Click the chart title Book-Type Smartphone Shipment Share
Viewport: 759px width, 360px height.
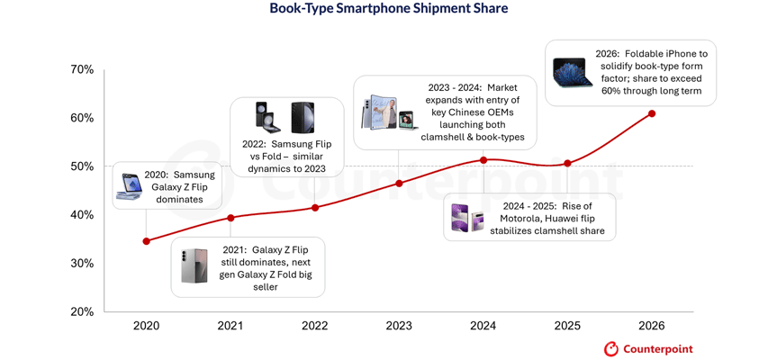[x=388, y=9]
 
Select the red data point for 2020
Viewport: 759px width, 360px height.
[x=147, y=241]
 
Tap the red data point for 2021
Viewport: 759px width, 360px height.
[x=230, y=218]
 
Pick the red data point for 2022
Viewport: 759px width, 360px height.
[x=315, y=208]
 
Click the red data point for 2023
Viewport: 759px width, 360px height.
[x=400, y=184]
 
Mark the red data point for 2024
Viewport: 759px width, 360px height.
[x=483, y=160]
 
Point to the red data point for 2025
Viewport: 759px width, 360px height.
[x=567, y=164]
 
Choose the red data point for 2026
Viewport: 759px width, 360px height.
[x=652, y=113]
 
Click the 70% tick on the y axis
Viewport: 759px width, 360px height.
[x=82, y=70]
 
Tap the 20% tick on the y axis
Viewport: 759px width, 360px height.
[x=82, y=311]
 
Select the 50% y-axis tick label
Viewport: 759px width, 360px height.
[x=82, y=166]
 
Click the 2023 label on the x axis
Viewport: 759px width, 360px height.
[x=399, y=326]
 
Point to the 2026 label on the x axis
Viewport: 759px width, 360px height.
[x=652, y=326]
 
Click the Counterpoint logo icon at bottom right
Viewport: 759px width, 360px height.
[x=611, y=348]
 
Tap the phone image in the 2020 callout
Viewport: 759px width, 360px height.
[x=130, y=186]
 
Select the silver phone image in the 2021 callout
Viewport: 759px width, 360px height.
[x=194, y=266]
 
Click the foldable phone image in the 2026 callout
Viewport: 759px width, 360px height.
[x=572, y=72]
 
